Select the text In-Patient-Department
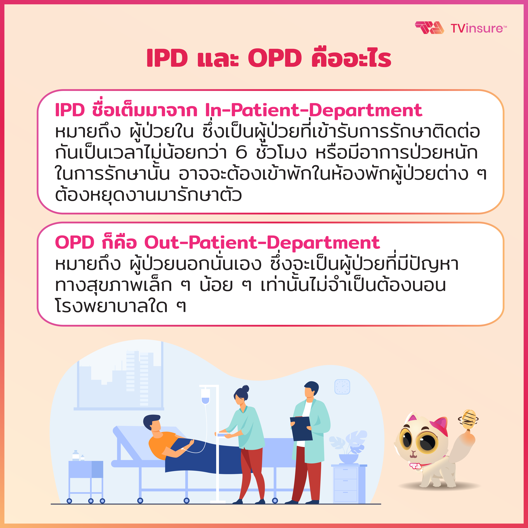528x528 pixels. tap(313, 110)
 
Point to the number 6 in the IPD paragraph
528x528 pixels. tap(241, 152)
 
